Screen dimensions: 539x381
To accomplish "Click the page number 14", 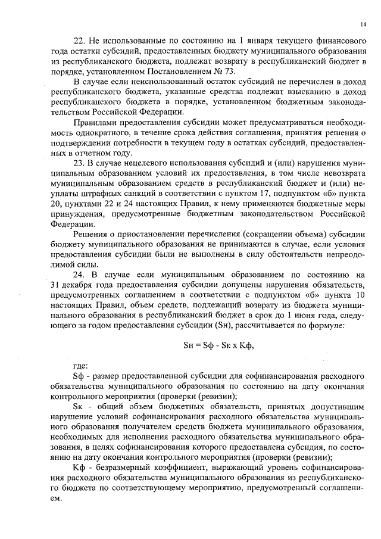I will click(x=363, y=24).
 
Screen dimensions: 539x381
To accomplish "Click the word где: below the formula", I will click(x=80, y=366).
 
